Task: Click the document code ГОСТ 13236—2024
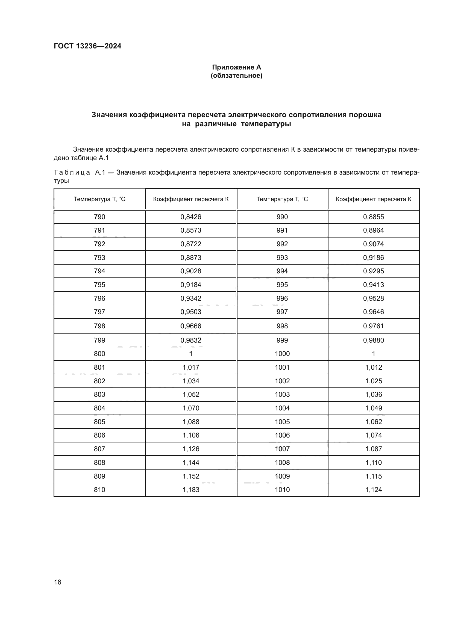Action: click(x=87, y=46)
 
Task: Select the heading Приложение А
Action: click(x=236, y=67)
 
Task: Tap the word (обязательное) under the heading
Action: click(x=236, y=76)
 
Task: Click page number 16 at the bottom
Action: click(x=58, y=582)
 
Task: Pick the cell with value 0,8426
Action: click(x=191, y=217)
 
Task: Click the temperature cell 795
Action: click(x=99, y=285)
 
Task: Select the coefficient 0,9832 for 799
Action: click(x=191, y=340)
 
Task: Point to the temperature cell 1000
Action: click(x=282, y=354)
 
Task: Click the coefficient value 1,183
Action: click(x=191, y=490)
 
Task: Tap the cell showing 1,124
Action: click(x=374, y=490)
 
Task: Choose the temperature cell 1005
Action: click(x=282, y=422)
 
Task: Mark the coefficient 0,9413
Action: click(x=374, y=285)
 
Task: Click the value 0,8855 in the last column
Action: click(x=374, y=217)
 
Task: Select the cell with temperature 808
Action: click(x=99, y=462)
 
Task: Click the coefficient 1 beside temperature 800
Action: click(x=191, y=354)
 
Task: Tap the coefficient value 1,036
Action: click(x=374, y=395)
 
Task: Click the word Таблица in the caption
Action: click(x=72, y=173)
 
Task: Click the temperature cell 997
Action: click(x=282, y=312)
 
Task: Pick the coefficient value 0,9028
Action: click(x=191, y=271)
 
